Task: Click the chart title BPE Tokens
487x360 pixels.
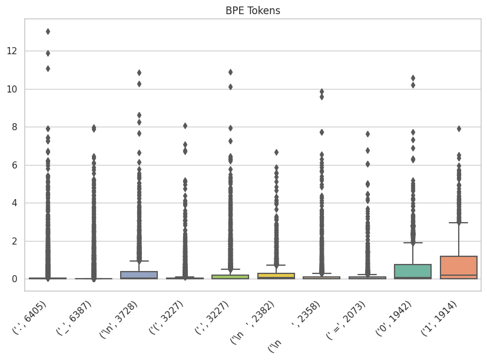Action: tap(254, 11)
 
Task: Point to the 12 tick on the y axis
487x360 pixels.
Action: tap(13, 51)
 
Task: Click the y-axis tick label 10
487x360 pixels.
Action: tap(13, 89)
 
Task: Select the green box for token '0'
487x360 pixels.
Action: tap(413, 271)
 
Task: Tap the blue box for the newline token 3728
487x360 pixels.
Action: tap(139, 275)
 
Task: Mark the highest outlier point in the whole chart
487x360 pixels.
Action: tap(48, 31)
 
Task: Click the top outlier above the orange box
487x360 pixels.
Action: tap(458, 128)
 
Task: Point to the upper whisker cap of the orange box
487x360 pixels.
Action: tap(458, 223)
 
